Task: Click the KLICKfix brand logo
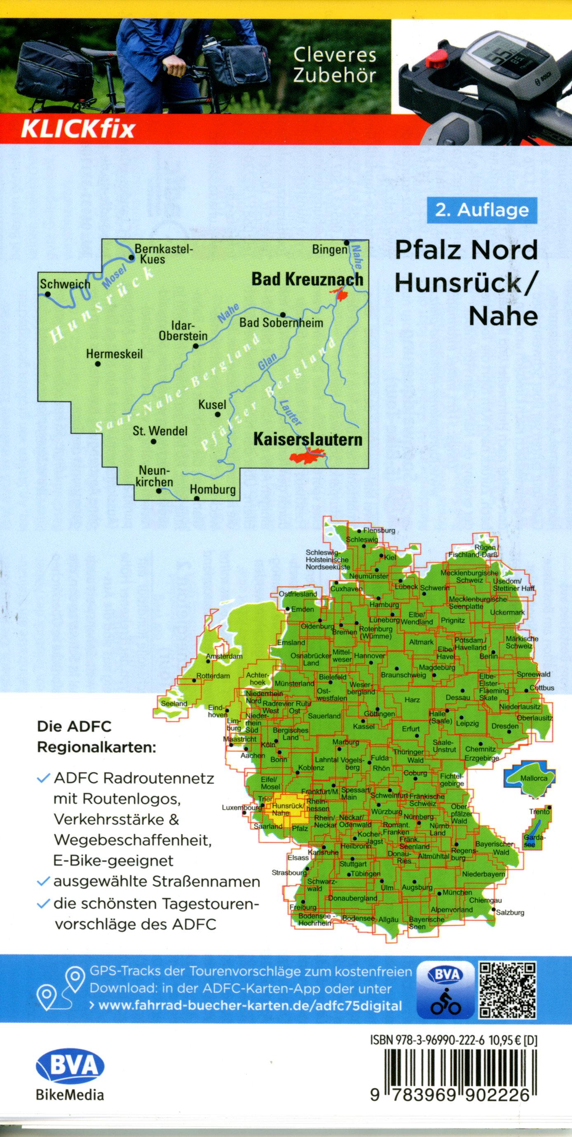pos(77,129)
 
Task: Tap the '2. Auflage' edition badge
pos(482,210)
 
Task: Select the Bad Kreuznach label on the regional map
pos(307,279)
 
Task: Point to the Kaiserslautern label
pos(307,439)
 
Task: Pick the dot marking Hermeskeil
pos(98,364)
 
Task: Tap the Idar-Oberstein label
pos(183,331)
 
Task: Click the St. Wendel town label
pos(160,431)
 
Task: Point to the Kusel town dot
pos(217,415)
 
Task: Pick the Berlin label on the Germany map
pos(489,656)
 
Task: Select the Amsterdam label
pos(225,656)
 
